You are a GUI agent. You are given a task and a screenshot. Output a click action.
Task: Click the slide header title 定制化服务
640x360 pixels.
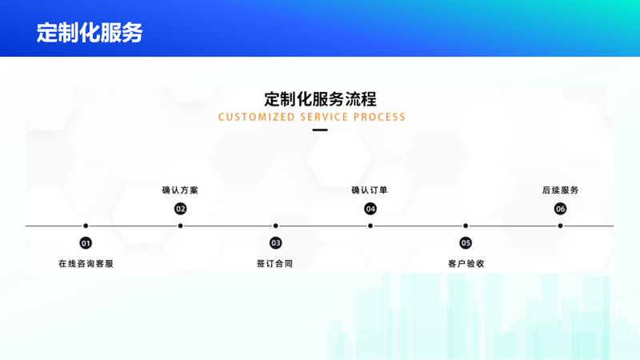90,32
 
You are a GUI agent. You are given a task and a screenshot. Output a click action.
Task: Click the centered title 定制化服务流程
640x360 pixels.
320,99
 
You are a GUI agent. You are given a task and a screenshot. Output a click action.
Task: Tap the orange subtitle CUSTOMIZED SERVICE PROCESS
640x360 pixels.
312,117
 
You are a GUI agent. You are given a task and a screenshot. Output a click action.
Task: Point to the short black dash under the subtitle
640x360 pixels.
320,130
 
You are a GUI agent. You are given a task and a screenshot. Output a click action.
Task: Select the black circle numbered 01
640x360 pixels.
86,243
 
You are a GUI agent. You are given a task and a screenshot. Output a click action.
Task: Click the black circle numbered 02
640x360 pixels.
181,209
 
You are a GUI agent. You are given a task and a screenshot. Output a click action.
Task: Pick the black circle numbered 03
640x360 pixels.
276,243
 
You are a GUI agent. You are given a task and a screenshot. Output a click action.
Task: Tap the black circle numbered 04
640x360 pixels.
370,209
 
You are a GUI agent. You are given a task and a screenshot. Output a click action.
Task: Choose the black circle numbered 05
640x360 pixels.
466,243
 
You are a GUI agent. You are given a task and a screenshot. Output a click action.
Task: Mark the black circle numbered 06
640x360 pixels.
561,209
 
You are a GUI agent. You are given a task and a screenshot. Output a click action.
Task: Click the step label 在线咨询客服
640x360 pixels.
86,263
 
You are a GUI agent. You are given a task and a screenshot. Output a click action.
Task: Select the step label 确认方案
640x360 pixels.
180,190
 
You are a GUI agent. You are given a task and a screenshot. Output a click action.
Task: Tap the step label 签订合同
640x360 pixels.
275,263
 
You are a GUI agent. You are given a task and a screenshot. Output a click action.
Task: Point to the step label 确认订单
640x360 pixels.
370,190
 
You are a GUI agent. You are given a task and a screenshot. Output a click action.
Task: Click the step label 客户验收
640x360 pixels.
466,263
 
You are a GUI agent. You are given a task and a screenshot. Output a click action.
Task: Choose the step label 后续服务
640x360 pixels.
560,190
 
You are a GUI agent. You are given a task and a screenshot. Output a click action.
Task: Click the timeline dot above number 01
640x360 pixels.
86,226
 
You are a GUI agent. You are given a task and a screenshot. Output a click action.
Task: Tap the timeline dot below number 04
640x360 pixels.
370,226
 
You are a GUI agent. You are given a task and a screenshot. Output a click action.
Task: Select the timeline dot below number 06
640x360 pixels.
561,226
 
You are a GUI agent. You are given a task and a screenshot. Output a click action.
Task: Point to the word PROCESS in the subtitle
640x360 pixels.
380,117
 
